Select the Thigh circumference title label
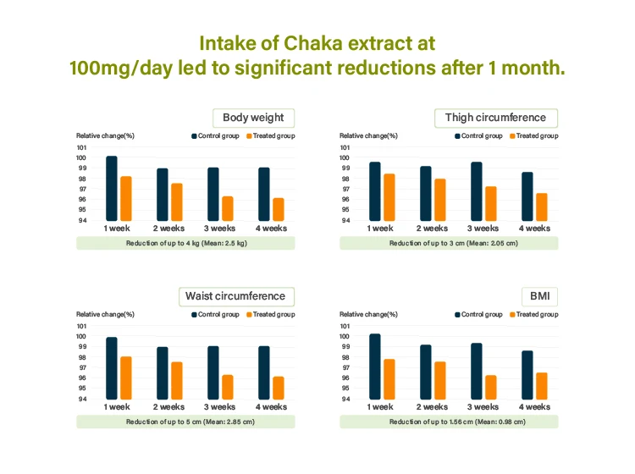495,118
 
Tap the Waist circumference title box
235,296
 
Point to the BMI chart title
539,296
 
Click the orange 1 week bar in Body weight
125,198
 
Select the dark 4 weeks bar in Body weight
264,194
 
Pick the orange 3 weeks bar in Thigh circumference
491,203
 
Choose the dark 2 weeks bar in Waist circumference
163,373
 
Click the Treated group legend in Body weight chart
271,135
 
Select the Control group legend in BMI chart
478,314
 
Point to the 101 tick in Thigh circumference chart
345,146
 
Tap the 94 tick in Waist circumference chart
82,400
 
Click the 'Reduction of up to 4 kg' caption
186,243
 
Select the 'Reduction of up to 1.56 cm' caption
449,422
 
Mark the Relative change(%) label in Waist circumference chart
105,314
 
